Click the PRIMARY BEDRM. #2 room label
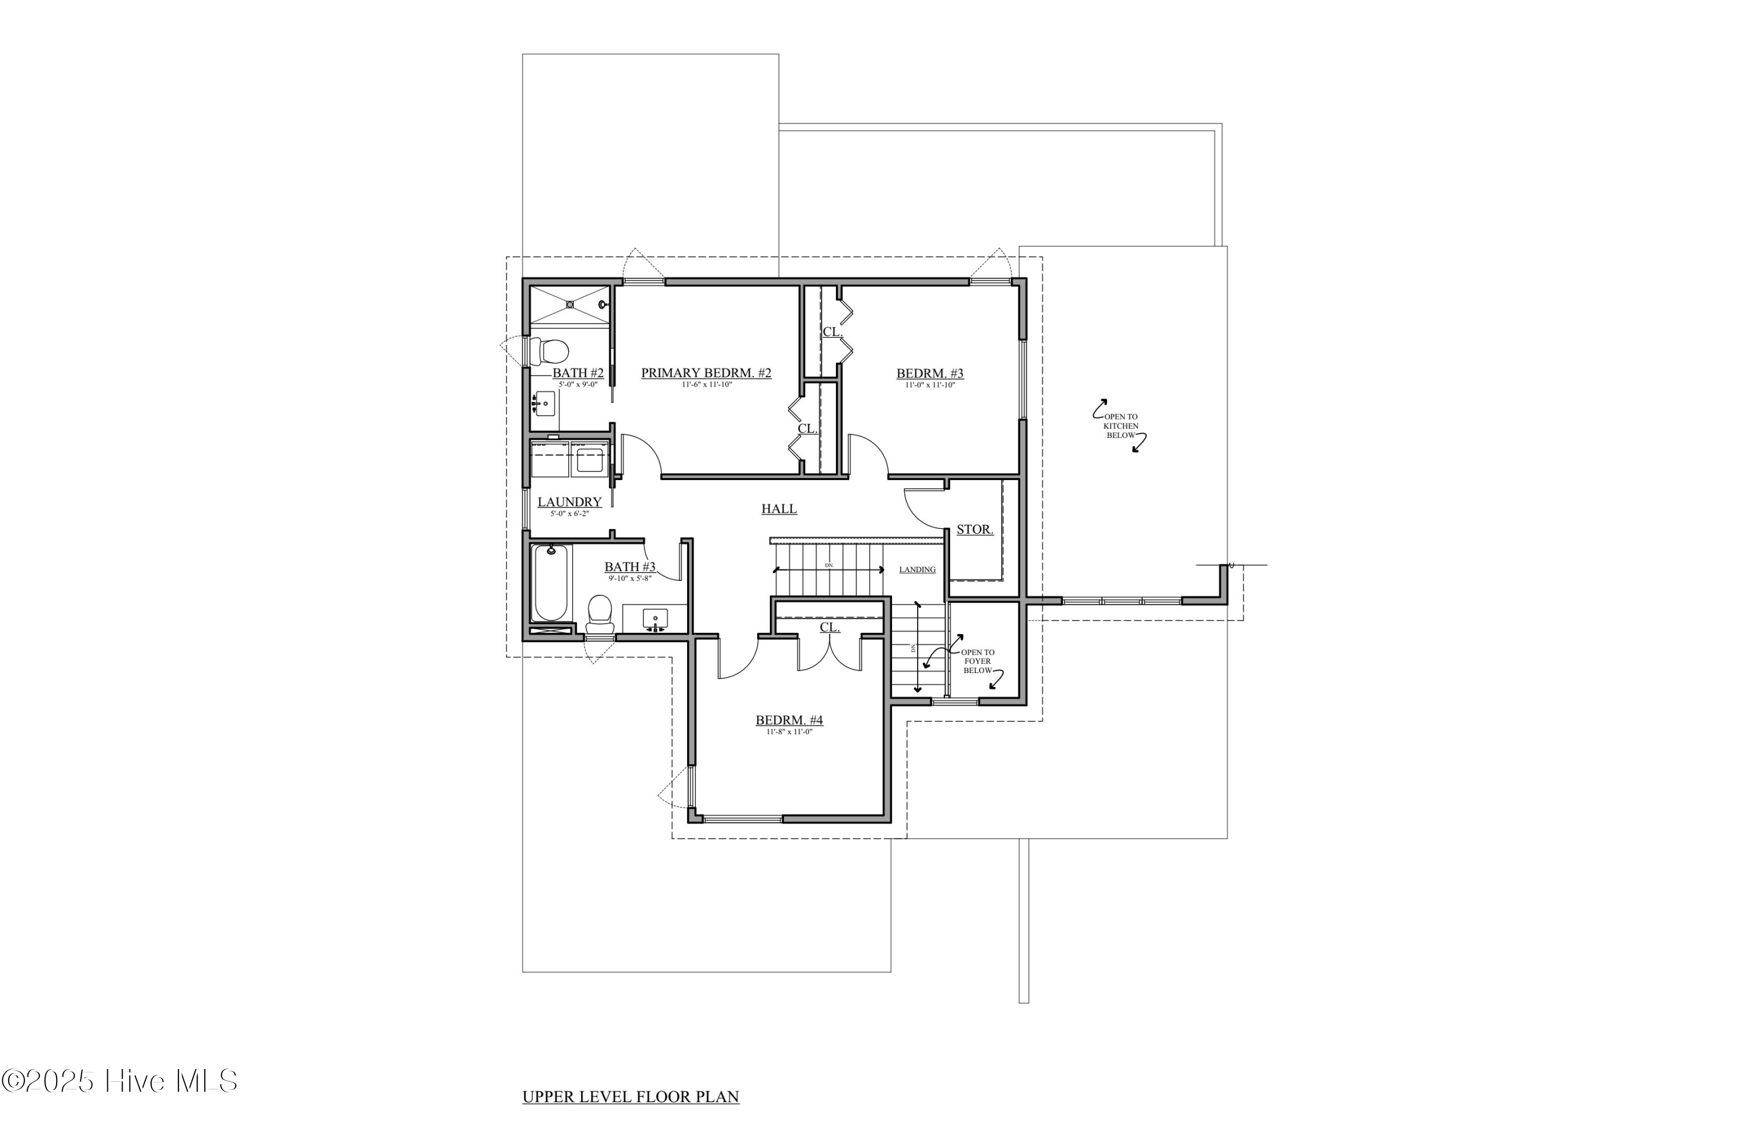pyautogui.click(x=706, y=373)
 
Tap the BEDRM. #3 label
pyautogui.click(x=929, y=373)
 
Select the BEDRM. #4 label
pyautogui.click(x=789, y=720)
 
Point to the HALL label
pyautogui.click(x=779, y=509)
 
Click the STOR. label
pyautogui.click(x=974, y=529)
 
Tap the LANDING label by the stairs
pyautogui.click(x=917, y=570)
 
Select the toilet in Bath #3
pyautogui.click(x=600, y=615)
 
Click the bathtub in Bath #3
pyautogui.click(x=551, y=583)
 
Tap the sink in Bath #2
pyautogui.click(x=544, y=403)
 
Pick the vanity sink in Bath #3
pyautogui.click(x=654, y=619)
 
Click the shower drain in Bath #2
pyautogui.click(x=569, y=304)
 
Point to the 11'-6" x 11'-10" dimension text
pyautogui.click(x=706, y=384)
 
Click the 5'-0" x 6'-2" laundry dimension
pyautogui.click(x=569, y=513)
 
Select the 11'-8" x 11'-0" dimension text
pyautogui.click(x=789, y=731)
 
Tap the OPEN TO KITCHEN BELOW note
pyautogui.click(x=1121, y=426)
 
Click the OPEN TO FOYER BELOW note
pyautogui.click(x=977, y=661)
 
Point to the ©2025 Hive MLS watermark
pyautogui.click(x=119, y=1081)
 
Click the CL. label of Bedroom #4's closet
pyautogui.click(x=829, y=628)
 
